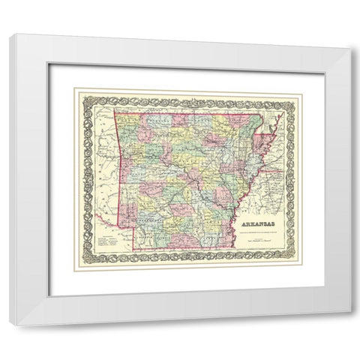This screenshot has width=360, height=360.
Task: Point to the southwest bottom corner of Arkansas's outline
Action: click(x=135, y=249)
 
